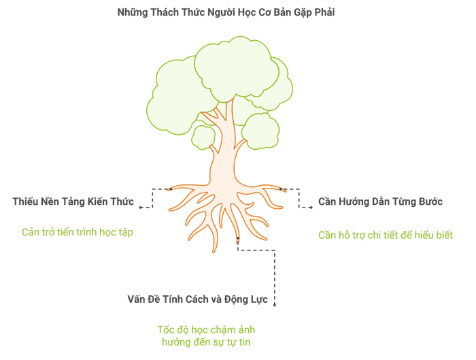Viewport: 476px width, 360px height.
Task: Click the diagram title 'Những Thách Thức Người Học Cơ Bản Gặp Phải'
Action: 226,12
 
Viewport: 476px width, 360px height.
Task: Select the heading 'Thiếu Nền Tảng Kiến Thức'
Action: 73,201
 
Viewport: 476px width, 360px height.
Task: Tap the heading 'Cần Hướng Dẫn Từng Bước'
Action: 380,201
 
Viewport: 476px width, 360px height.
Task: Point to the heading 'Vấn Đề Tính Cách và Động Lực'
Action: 198,299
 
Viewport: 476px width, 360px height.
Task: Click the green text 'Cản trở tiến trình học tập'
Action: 78,233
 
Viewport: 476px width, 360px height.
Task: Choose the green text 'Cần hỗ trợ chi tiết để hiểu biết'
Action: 386,235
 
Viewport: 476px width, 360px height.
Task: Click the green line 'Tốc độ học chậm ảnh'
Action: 206,330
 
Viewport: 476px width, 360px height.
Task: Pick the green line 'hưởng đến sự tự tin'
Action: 206,342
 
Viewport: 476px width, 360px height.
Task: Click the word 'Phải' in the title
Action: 324,12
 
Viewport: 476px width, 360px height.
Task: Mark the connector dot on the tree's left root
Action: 171,189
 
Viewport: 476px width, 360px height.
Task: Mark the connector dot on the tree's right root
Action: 281,189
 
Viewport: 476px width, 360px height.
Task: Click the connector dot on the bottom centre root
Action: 238,238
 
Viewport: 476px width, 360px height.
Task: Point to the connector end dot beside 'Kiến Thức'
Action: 140,208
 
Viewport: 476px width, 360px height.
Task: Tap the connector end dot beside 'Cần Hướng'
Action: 311,208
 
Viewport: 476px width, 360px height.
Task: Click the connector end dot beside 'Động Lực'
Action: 275,305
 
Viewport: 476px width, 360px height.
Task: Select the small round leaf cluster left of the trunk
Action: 203,137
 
